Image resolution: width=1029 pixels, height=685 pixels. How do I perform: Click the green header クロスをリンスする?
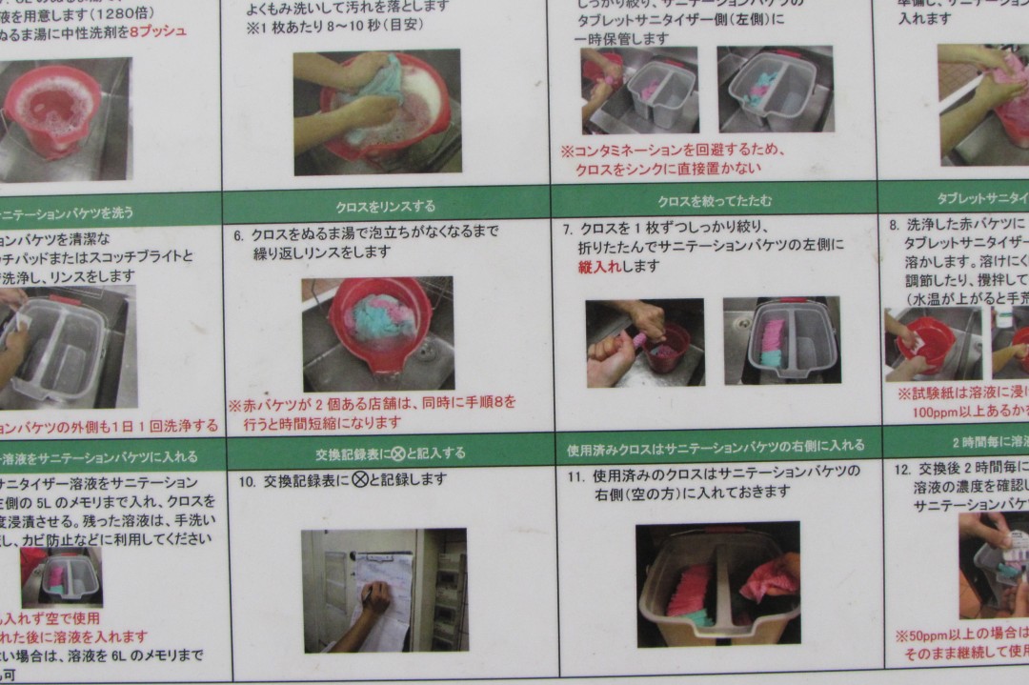pos(385,206)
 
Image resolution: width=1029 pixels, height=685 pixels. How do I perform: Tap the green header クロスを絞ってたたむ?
pos(714,201)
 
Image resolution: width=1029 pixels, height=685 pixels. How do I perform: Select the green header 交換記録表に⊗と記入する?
pos(390,453)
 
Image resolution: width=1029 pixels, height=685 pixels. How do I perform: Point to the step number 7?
pos(567,230)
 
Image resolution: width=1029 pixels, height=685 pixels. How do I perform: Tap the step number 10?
pos(247,481)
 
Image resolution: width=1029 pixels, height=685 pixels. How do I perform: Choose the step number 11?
pos(575,473)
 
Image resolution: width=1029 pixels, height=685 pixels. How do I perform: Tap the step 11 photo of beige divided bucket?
pos(717,583)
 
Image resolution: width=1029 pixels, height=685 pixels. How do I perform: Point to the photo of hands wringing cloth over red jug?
pos(644,342)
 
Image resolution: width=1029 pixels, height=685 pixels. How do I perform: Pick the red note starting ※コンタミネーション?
pos(672,159)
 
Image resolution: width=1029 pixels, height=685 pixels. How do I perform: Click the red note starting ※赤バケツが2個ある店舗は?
pos(372,412)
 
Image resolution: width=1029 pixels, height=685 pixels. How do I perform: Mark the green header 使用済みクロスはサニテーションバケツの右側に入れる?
pos(716,446)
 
